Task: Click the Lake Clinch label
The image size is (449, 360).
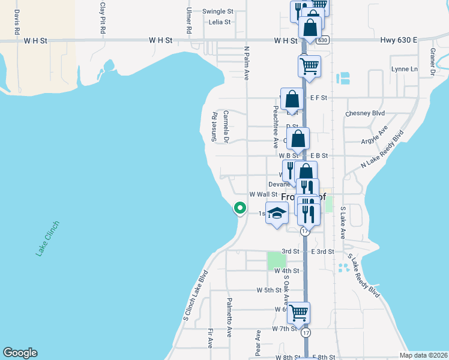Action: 47,239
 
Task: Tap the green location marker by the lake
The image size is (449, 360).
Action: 240,208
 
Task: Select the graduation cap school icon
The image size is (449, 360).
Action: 277,214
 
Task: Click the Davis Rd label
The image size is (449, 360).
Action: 17,21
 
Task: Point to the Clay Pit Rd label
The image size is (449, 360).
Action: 103,17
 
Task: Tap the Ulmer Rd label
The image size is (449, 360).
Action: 189,20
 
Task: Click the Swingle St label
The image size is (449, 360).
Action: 217,11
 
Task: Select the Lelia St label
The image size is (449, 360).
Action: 220,22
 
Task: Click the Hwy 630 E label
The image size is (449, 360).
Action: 399,40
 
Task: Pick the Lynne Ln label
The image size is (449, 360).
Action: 404,69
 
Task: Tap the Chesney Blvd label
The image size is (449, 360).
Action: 365,113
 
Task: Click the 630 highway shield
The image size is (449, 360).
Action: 323,40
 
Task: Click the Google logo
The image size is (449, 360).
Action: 20,352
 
